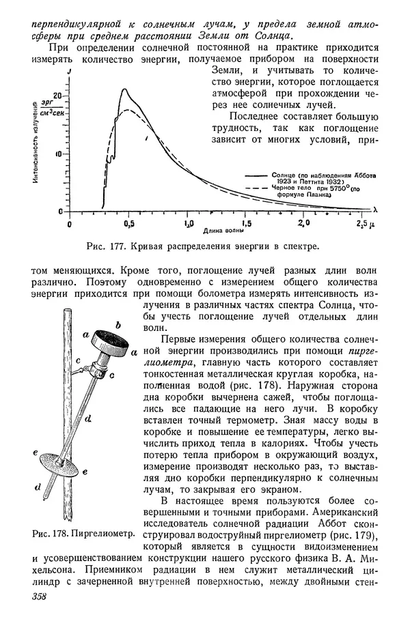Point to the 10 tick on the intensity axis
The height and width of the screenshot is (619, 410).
[63, 154]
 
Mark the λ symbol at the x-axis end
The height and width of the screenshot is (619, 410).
[375, 208]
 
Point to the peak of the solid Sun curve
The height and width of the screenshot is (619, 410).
[124, 89]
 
